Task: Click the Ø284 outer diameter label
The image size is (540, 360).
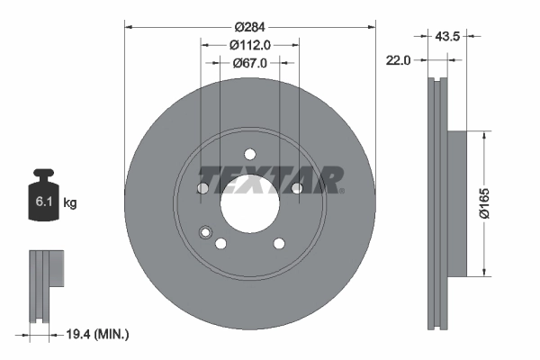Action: pos(249,27)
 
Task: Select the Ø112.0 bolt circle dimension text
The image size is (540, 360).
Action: pos(249,45)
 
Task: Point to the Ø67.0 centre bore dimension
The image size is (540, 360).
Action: pos(249,63)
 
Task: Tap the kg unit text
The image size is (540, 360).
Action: pos(70,203)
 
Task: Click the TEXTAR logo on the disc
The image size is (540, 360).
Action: pos(270,180)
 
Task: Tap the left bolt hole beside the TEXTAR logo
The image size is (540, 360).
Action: pos(202,188)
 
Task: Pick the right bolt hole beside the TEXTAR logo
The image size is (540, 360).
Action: pos(296,187)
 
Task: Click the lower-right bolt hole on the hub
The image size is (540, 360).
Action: pos(278,243)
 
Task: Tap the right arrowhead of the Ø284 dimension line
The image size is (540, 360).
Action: pos(372,27)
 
